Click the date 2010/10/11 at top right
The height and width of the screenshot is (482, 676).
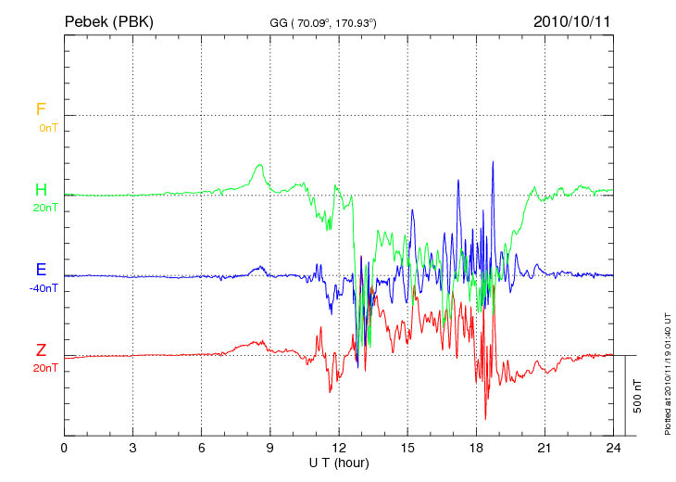click(573, 20)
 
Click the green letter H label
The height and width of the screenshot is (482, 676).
click(41, 190)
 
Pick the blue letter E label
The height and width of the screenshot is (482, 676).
click(41, 271)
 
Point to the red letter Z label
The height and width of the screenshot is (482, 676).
click(41, 350)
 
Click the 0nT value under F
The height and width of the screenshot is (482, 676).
click(47, 128)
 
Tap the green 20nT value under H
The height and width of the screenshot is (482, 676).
click(45, 208)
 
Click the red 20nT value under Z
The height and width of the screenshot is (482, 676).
click(45, 368)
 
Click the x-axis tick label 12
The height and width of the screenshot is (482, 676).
click(339, 448)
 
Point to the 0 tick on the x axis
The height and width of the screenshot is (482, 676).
click(64, 448)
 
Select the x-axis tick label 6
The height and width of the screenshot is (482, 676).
click(202, 448)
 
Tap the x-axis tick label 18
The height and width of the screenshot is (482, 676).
click(476, 448)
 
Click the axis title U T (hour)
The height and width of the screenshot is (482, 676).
click(339, 462)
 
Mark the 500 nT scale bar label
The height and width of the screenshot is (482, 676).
click(638, 396)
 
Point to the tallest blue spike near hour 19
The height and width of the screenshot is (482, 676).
click(493, 163)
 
